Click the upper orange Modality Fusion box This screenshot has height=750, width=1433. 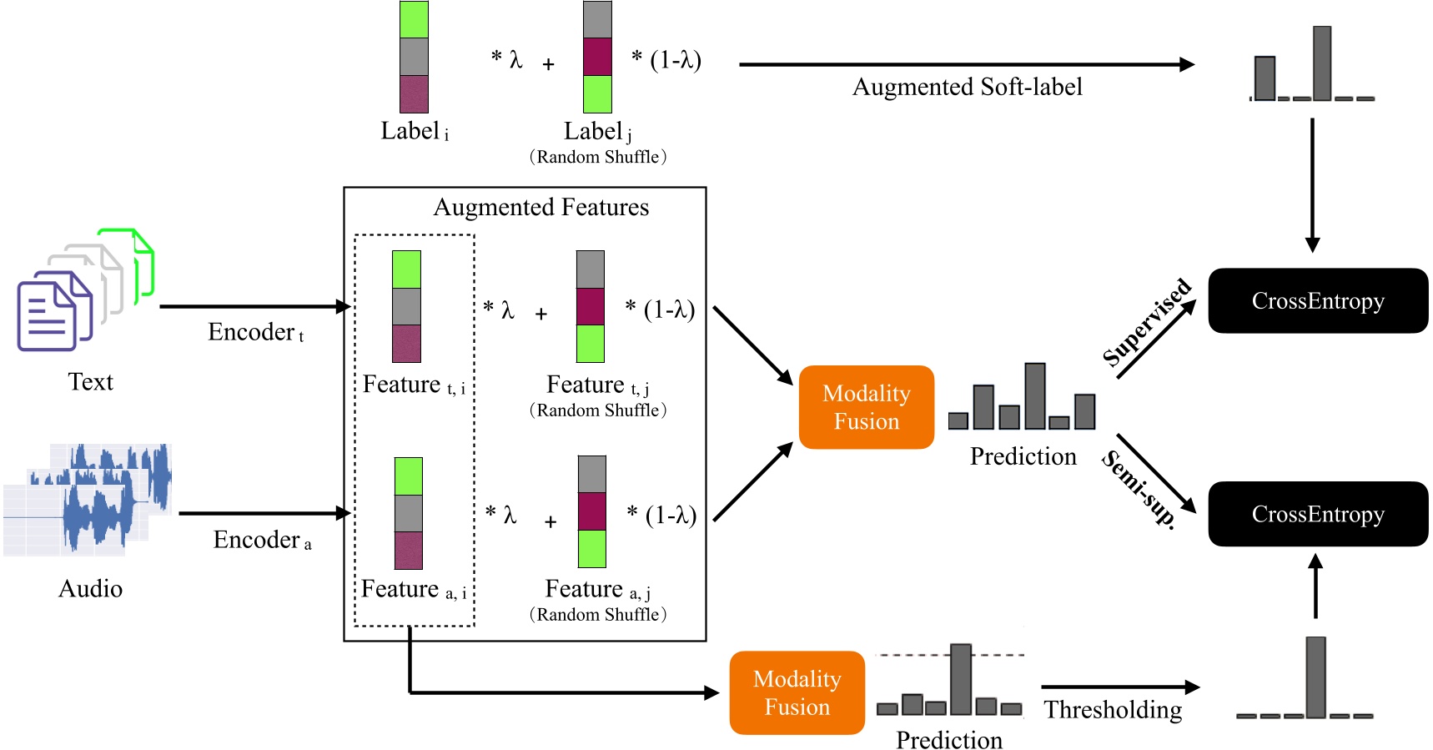866,407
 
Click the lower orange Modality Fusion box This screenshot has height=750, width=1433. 797,692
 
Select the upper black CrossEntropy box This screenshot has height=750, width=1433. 1317,301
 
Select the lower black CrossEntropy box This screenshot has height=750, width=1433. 1317,514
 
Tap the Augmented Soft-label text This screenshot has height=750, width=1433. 967,87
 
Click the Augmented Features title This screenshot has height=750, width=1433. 541,207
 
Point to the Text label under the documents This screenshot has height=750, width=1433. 90,382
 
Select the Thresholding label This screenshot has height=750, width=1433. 1113,710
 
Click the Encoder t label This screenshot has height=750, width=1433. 255,332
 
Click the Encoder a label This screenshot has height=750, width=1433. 262,540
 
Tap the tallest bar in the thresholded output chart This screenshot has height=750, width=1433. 1315,677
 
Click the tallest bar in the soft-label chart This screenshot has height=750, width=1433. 1321,63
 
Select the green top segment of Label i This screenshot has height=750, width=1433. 414,19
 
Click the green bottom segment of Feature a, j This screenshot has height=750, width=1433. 592,549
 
